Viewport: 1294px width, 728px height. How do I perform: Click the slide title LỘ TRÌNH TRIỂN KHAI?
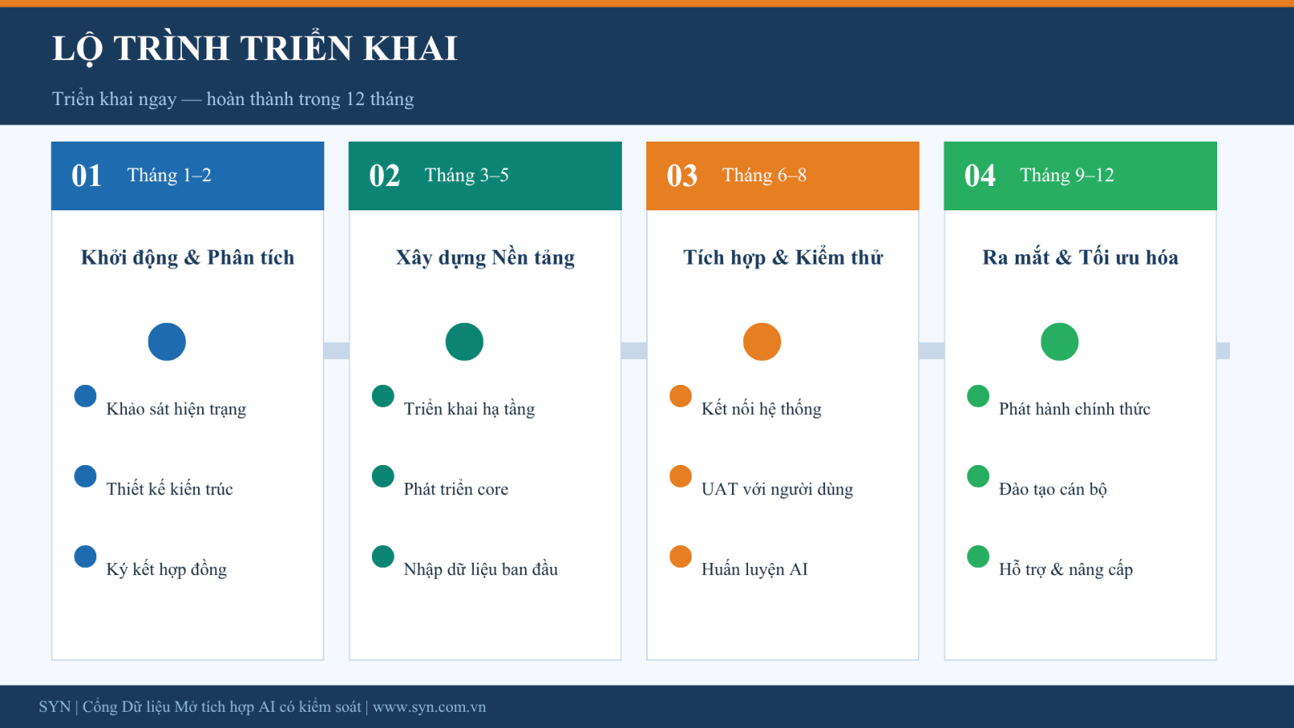click(x=255, y=49)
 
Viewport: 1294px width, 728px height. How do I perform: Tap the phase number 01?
click(x=87, y=176)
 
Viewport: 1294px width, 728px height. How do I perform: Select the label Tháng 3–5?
click(x=467, y=175)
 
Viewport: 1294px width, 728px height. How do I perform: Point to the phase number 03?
click(x=682, y=176)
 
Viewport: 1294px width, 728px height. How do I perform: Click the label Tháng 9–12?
click(x=1067, y=175)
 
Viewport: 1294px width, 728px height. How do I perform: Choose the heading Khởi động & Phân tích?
click(x=187, y=258)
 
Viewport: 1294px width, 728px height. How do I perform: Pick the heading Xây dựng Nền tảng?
click(x=485, y=258)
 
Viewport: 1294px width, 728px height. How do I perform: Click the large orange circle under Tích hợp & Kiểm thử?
click(x=762, y=341)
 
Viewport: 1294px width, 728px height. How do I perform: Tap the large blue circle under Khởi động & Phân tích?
click(x=167, y=341)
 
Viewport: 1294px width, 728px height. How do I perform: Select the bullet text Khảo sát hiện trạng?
click(x=176, y=409)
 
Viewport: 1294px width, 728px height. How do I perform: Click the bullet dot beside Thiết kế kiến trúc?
click(x=86, y=476)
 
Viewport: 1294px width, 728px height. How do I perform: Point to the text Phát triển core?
click(x=456, y=489)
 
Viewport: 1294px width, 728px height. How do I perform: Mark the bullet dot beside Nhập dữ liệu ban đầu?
click(x=383, y=557)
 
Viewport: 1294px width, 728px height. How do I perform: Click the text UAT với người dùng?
click(x=777, y=489)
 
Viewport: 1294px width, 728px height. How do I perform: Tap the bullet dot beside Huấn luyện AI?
click(x=680, y=557)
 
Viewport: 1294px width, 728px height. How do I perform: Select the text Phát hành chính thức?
click(x=1075, y=409)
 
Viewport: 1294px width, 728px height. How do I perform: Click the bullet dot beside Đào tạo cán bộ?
click(x=978, y=476)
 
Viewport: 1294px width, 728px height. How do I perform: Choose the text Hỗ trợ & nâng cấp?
click(x=1066, y=569)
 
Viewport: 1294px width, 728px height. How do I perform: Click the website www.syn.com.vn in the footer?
click(x=429, y=707)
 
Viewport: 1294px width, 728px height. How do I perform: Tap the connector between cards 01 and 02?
click(x=336, y=351)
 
